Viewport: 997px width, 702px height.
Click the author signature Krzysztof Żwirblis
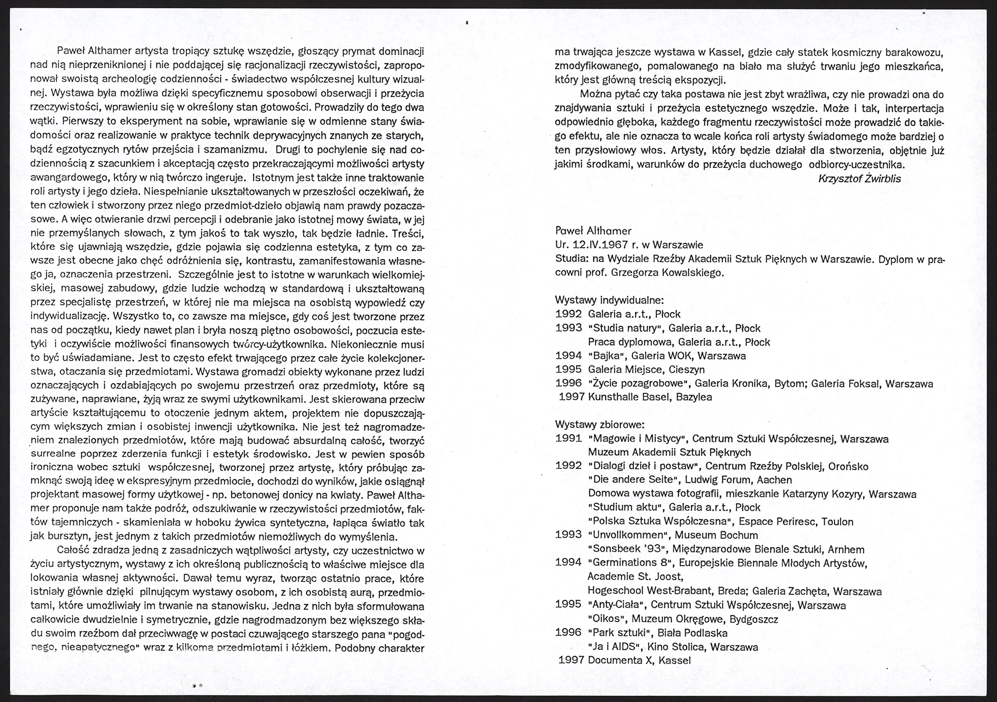pyautogui.click(x=859, y=179)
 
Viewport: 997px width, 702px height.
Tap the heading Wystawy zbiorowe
pyautogui.click(x=600, y=425)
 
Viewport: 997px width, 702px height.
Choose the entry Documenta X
pyautogui.click(x=618, y=660)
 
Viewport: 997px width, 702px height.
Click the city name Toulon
pyautogui.click(x=837, y=522)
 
